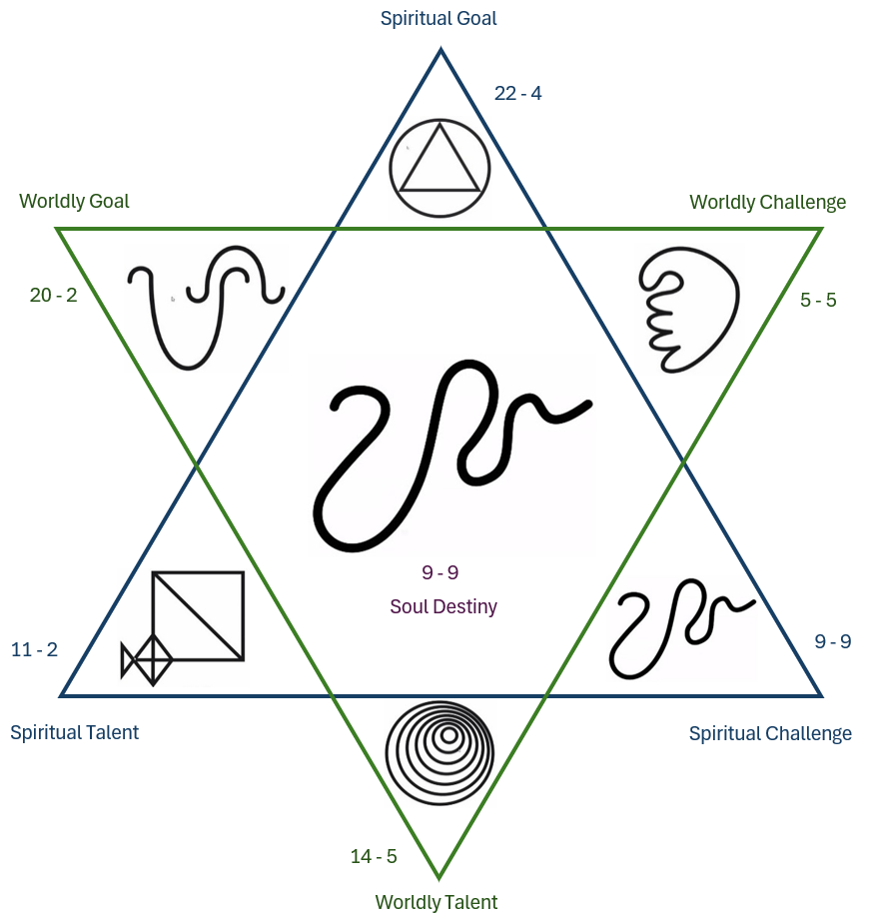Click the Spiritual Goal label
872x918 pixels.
click(438, 18)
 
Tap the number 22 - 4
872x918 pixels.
click(518, 93)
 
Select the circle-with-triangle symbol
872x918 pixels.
click(439, 162)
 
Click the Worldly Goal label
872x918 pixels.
click(74, 201)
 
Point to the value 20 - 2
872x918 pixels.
click(53, 295)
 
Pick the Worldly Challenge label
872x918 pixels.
click(767, 202)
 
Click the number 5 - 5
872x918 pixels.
click(818, 299)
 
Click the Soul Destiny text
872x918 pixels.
click(443, 606)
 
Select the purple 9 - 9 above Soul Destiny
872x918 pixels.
click(439, 572)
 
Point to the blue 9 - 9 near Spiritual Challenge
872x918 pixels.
click(832, 641)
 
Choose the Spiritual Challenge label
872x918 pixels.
click(770, 733)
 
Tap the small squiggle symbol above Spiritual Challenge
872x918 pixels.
click(680, 629)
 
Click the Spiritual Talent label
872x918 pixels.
click(74, 732)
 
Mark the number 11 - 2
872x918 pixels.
click(34, 650)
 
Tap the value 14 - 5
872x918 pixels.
click(374, 856)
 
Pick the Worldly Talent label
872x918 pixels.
click(436, 902)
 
